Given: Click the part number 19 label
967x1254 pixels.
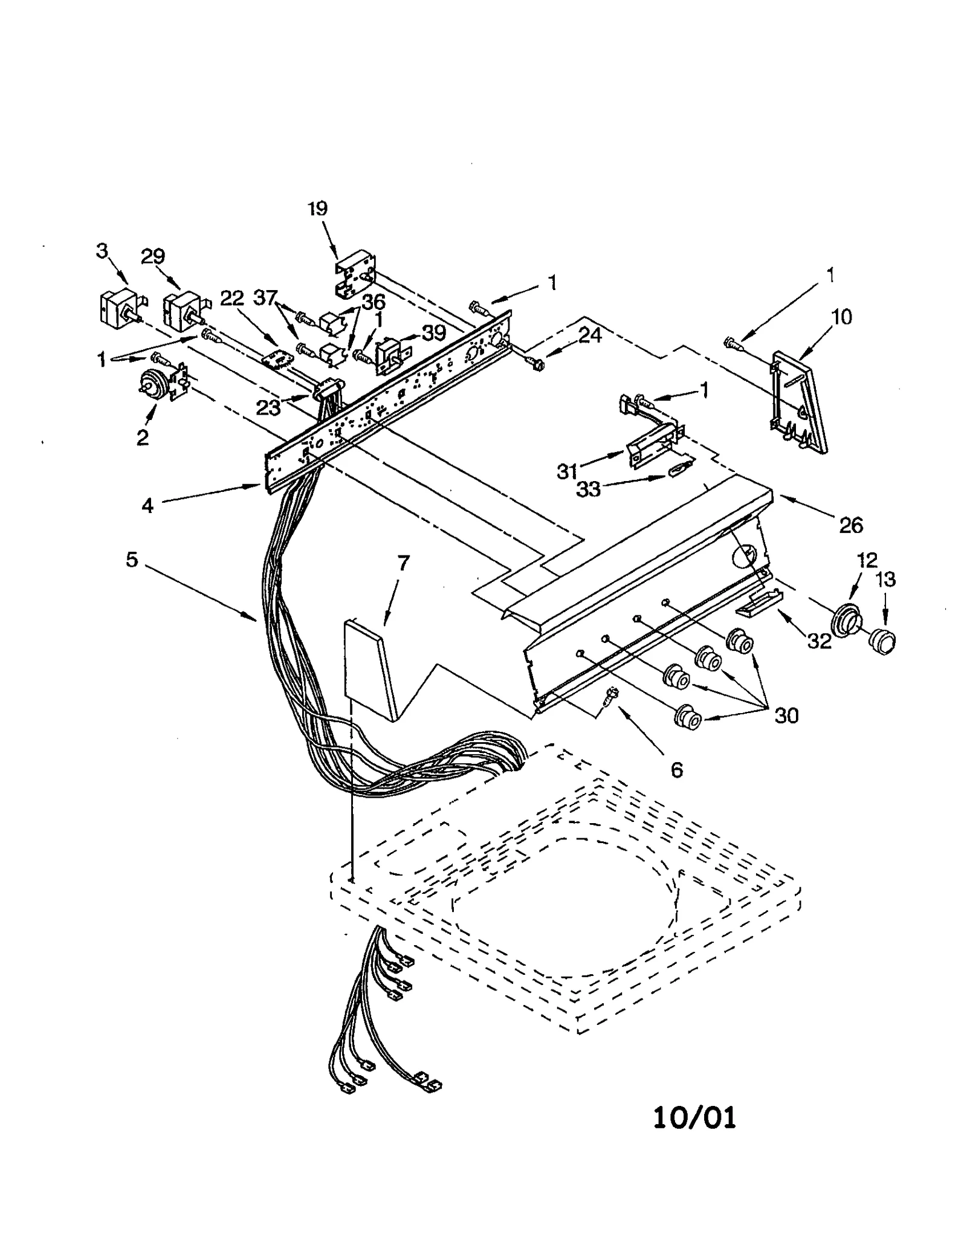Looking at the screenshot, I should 317,208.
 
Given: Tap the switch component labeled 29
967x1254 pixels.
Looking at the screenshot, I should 182,310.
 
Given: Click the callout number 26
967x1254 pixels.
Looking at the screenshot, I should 850,525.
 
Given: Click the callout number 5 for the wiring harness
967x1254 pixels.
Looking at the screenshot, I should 132,560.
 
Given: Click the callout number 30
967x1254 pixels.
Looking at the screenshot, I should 786,716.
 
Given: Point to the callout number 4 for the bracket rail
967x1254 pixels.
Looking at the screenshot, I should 147,505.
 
